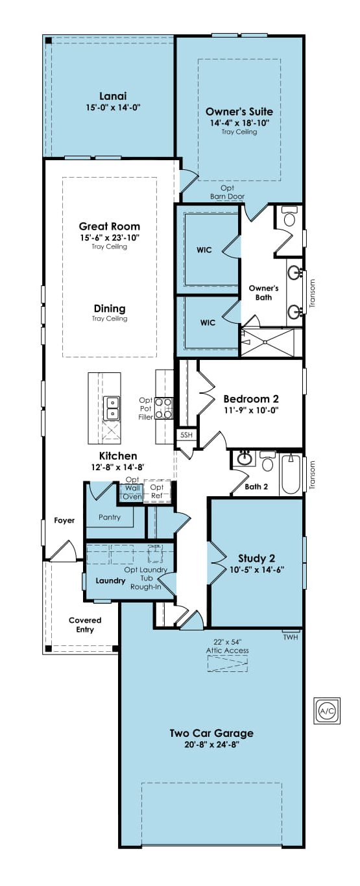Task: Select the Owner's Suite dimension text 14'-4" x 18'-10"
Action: pos(239,123)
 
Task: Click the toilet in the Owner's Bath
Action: pos(289,217)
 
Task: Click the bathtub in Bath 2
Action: pos(291,474)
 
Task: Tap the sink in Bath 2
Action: pos(245,459)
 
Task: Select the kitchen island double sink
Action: pos(112,409)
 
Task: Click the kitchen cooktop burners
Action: pos(163,409)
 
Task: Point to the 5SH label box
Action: pos(186,435)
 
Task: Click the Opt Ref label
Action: pos(157,491)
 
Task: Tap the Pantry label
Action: pos(110,517)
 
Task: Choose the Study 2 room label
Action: pos(257,558)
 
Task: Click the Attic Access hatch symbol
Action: pos(228,664)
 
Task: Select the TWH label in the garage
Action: pos(291,637)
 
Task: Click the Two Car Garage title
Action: pos(211,733)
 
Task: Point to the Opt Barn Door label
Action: pos(228,192)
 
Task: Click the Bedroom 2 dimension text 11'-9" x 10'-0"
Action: pos(251,410)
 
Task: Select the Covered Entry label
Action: pos(85,625)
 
